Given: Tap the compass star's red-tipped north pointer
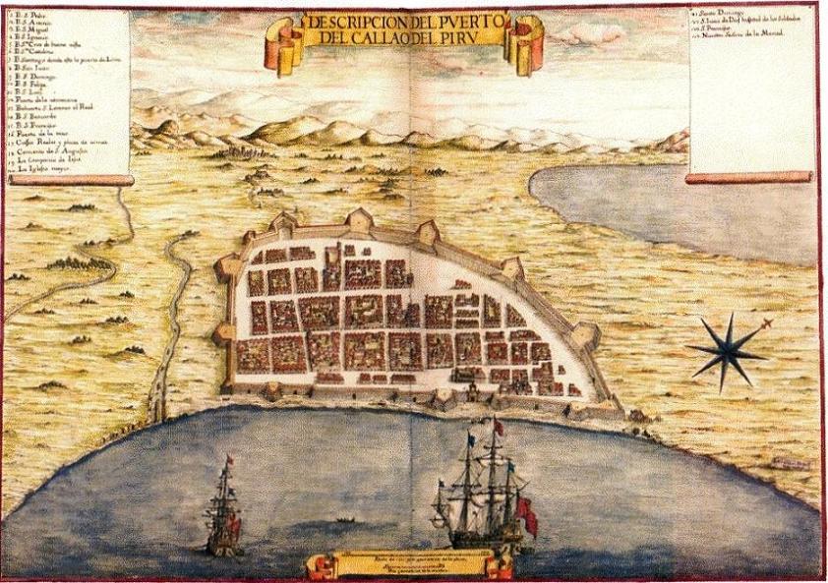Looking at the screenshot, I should click(x=765, y=323).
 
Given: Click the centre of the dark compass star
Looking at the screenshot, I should click(x=727, y=349).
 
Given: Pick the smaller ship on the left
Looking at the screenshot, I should click(x=224, y=511).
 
